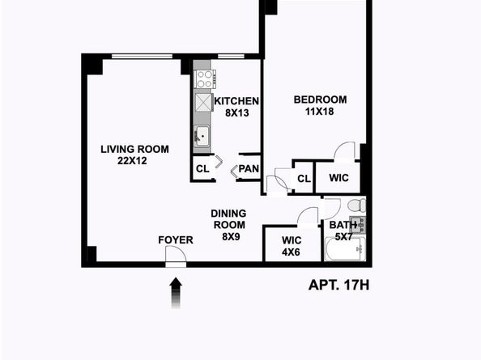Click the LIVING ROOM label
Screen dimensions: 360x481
[134, 149]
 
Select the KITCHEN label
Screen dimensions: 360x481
[236, 101]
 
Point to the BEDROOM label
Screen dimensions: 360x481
[320, 100]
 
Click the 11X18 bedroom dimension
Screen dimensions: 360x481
[320, 112]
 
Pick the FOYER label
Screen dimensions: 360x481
[175, 239]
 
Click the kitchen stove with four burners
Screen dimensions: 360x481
[203, 79]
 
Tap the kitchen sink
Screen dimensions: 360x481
[202, 135]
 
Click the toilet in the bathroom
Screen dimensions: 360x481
[356, 205]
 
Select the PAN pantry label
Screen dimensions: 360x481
[249, 170]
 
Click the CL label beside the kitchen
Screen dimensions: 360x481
[202, 170]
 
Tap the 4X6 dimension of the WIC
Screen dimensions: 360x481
[292, 252]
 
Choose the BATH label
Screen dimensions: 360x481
[340, 225]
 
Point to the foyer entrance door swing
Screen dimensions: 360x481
[175, 255]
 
